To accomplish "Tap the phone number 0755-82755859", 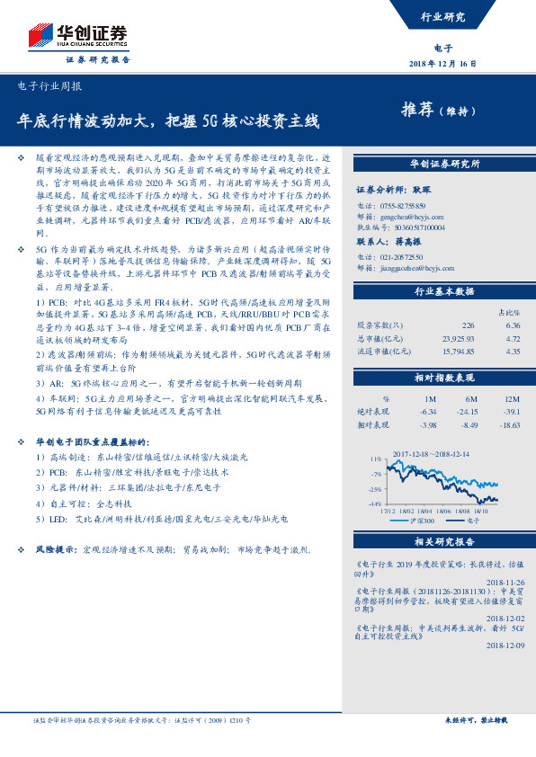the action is coord(404,206).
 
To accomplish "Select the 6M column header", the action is coord(470,398).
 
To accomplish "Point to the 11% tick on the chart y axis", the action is coord(375,459).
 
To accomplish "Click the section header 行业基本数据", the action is coord(443,292).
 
